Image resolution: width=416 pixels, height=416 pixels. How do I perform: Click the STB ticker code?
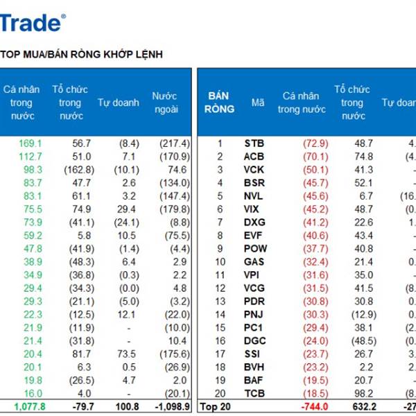(254, 144)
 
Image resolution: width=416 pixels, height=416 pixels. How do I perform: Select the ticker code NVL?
(254, 196)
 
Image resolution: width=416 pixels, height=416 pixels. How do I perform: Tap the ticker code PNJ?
(254, 314)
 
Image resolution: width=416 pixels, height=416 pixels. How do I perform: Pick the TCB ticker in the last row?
(254, 393)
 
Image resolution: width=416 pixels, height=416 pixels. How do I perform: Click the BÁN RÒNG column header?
(219, 102)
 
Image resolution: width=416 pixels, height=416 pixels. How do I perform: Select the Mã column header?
(258, 103)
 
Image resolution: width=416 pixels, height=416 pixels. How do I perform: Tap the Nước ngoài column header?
(165, 103)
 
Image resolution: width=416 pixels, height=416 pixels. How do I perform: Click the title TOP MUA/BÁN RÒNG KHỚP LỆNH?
(82, 54)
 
